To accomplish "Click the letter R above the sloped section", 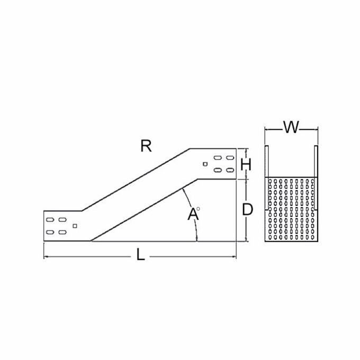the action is tap(146, 146).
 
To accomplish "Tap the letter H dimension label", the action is tap(246, 164).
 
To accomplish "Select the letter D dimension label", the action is tap(248, 210).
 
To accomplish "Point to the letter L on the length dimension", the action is tap(140, 254).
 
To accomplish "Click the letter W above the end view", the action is tap(291, 127).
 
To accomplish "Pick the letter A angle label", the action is tap(193, 214).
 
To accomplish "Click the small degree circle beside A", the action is tap(198, 209).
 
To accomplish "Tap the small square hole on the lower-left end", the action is tap(75, 226).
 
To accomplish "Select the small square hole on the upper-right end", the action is tap(205, 164).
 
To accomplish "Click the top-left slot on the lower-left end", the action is tap(50, 220).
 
